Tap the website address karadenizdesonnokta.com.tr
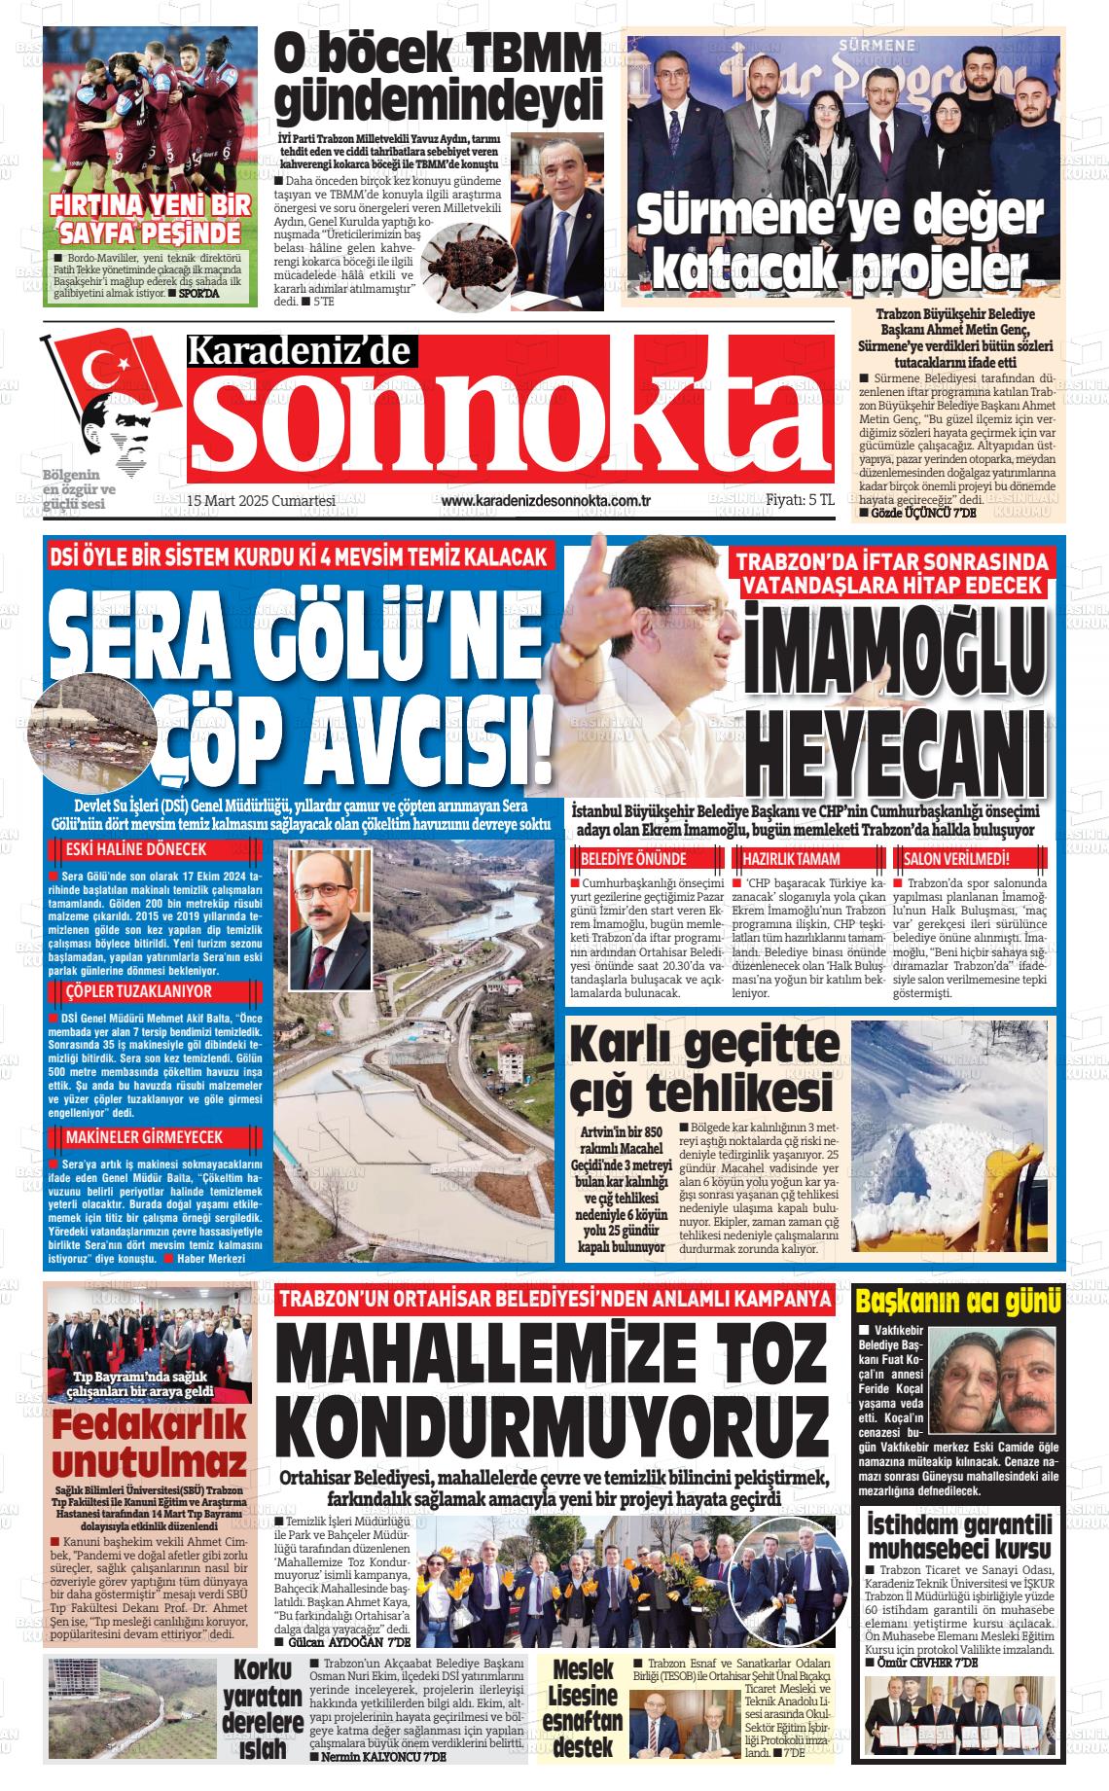(545, 501)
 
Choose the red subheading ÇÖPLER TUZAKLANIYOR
(130, 991)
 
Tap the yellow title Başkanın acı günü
(957, 1300)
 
